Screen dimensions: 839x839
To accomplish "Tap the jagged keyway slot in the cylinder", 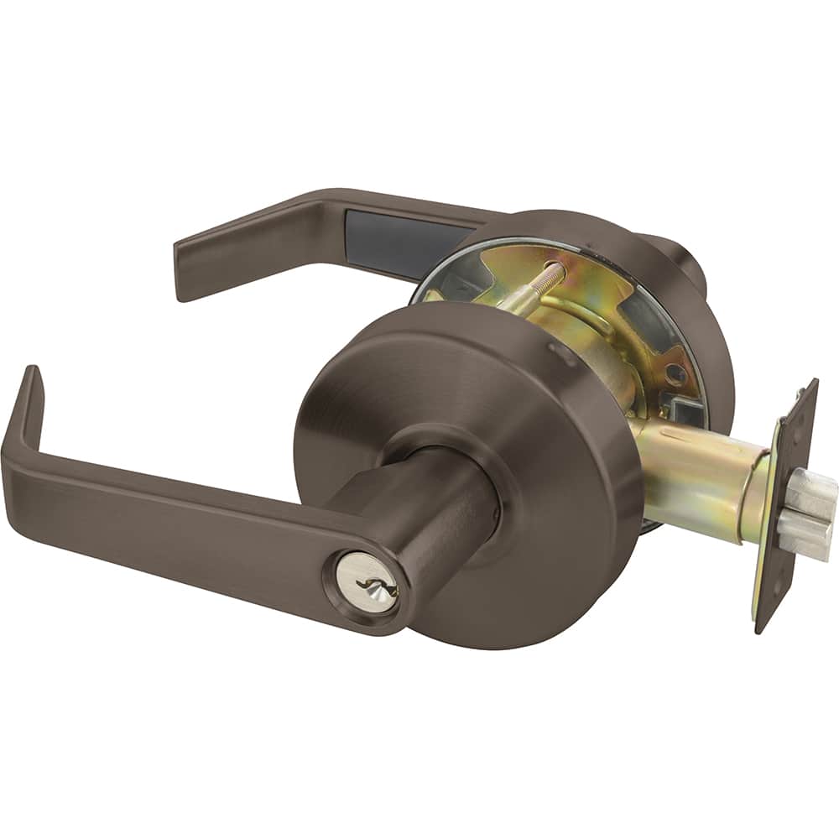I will [369, 584].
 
